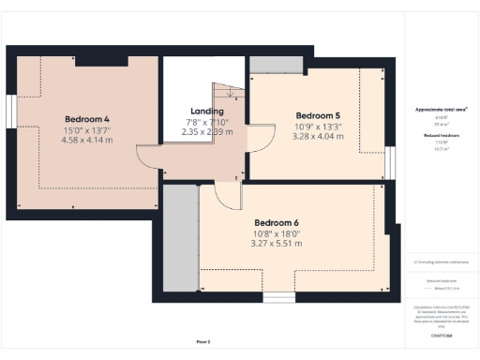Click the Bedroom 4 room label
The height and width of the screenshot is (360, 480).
point(88,119)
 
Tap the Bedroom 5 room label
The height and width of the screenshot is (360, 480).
point(318,116)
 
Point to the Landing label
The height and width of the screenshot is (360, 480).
point(206,112)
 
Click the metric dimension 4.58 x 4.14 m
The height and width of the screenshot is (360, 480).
point(88,140)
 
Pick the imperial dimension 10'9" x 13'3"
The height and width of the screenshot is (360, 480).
point(318,127)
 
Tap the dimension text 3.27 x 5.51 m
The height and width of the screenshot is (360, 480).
point(277,244)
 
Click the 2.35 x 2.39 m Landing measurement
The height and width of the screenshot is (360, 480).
point(206,132)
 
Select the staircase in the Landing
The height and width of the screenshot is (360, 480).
point(231,95)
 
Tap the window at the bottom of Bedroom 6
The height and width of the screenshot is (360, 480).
point(277,297)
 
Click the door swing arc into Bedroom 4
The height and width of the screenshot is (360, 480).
point(148,157)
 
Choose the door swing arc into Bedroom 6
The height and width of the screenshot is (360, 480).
point(226,195)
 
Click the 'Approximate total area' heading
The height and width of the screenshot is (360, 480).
point(442,110)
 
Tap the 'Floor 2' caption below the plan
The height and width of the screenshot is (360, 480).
point(202,341)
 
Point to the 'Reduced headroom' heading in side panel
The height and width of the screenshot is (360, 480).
point(442,136)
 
